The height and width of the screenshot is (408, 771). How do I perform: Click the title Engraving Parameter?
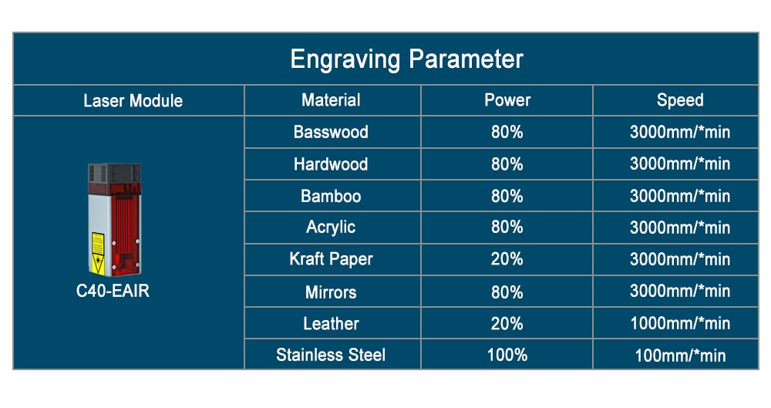(x=406, y=59)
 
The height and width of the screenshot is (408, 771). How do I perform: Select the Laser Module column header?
(x=133, y=101)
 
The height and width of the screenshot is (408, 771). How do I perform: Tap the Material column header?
(x=331, y=100)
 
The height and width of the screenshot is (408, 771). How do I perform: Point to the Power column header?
(x=507, y=100)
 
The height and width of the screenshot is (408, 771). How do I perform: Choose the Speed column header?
(x=680, y=100)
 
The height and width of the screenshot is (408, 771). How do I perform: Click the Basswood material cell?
(x=331, y=132)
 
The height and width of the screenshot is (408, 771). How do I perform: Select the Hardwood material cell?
(x=331, y=164)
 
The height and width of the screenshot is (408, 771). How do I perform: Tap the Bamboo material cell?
(x=331, y=196)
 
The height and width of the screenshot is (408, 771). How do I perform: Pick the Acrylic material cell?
(x=331, y=228)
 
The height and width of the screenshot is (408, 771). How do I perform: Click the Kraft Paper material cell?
(x=331, y=259)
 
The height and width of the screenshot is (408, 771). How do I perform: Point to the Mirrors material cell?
(x=331, y=292)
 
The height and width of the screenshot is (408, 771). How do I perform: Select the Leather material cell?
(x=331, y=323)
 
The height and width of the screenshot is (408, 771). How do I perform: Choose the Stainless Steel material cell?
(x=331, y=355)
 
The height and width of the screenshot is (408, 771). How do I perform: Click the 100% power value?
(x=507, y=355)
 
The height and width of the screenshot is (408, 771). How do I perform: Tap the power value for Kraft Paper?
(x=507, y=259)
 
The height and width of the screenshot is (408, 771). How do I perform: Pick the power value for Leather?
(x=507, y=323)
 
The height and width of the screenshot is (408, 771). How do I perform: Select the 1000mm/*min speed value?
(x=680, y=323)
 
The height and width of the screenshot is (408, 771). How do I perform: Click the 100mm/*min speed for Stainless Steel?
(x=680, y=356)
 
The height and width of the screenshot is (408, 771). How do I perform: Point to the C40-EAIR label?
(x=113, y=291)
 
